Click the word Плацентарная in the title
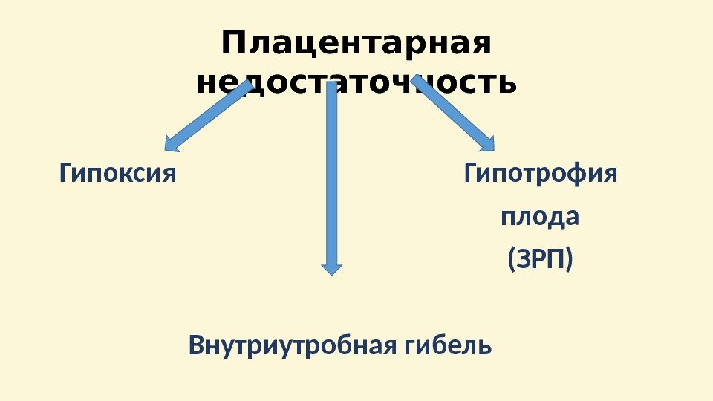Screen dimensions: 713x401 tap(356, 45)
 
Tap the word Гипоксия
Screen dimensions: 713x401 tap(117, 175)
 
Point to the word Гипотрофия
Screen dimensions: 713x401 tap(541, 175)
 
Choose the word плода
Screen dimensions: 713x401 tap(541, 218)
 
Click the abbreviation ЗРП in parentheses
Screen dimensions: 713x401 tap(541, 261)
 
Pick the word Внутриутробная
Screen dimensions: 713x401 tap(295, 345)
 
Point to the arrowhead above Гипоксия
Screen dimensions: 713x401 tap(172, 143)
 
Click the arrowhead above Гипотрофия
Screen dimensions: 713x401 tap(485, 140)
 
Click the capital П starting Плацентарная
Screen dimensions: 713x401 tap(232, 45)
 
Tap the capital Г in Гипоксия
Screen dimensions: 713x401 tap(65, 175)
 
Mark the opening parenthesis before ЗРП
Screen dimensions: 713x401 tap(510, 261)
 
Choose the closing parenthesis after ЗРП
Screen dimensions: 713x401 tap(570, 261)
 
